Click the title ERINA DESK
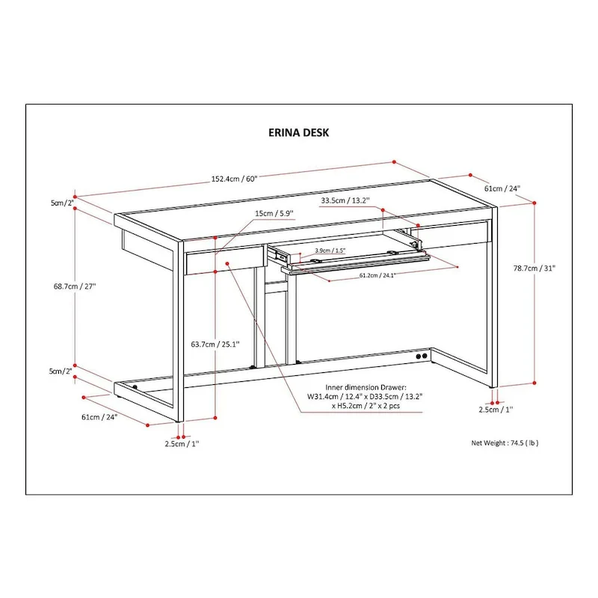click(298, 132)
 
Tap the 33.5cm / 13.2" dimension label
click(345, 200)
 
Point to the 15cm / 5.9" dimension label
click(274, 213)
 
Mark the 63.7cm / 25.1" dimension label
click(215, 345)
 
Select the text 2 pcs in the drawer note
click(390, 407)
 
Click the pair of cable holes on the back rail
click(423, 357)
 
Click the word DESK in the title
click(314, 132)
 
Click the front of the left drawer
click(222, 262)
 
